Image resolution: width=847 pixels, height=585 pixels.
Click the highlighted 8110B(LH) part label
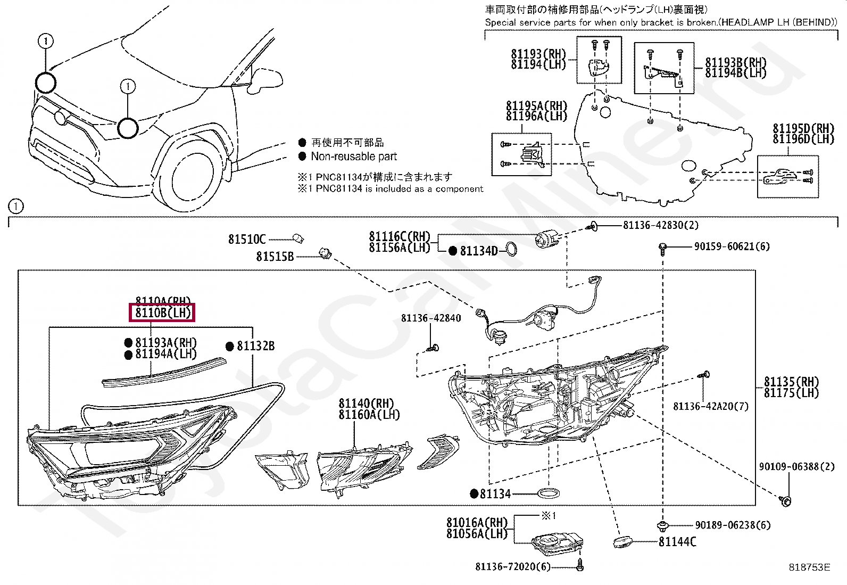(x=162, y=313)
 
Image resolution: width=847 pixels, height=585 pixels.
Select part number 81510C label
(x=246, y=240)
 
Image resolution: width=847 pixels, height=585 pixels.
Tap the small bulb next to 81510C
(x=298, y=239)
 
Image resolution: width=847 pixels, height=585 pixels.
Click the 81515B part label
(x=275, y=257)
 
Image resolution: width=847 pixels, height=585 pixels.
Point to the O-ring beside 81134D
(x=510, y=249)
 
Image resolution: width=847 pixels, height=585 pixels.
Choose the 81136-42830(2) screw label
(x=661, y=225)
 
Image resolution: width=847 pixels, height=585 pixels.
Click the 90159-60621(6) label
(x=732, y=246)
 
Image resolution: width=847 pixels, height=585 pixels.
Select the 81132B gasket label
(x=255, y=347)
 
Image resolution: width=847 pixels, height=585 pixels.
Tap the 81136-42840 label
(x=431, y=318)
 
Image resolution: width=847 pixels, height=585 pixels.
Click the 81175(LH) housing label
(x=791, y=393)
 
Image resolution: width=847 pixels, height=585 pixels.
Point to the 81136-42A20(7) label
(x=710, y=406)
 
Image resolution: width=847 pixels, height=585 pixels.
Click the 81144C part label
(x=677, y=542)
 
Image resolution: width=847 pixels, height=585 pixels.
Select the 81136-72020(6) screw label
(x=512, y=567)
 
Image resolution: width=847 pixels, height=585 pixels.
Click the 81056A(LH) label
(x=477, y=533)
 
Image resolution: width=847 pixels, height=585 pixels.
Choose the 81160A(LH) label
(x=369, y=415)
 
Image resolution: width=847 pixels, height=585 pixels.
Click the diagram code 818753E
(x=809, y=567)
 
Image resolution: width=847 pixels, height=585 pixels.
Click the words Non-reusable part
(x=354, y=156)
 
